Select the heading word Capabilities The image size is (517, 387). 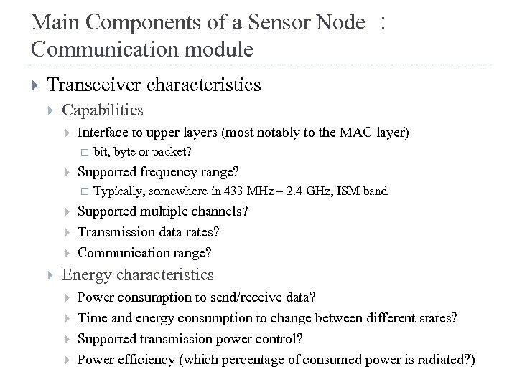click(103, 110)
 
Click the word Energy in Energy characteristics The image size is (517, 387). click(86, 274)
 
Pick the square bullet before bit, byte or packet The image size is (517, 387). click(83, 153)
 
